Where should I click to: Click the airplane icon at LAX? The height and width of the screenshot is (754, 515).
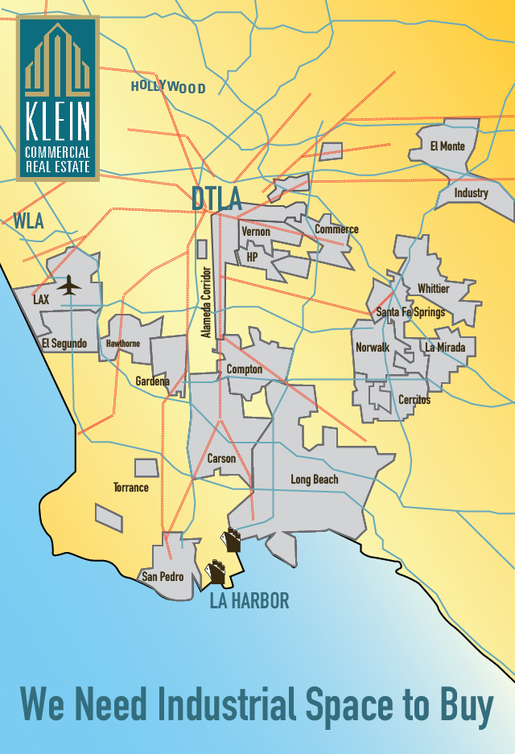click(70, 285)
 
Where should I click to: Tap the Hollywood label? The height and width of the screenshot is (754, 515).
click(168, 87)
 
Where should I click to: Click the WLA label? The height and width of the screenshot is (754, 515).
click(29, 220)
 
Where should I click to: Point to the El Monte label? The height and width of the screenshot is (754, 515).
click(447, 146)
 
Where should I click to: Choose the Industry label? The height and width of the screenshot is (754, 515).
click(471, 193)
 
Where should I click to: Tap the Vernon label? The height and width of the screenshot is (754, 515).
click(256, 232)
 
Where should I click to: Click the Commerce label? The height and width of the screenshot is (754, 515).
click(336, 229)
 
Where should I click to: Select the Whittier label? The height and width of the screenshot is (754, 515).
click(434, 289)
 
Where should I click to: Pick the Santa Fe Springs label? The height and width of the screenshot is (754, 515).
click(410, 312)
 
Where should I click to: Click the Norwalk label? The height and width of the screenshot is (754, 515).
click(373, 348)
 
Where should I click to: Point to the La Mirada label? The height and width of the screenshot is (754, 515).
click(446, 348)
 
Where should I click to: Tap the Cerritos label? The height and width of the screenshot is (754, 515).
click(414, 400)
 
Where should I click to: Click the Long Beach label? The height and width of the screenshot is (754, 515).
click(315, 480)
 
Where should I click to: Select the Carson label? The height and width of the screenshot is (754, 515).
click(221, 459)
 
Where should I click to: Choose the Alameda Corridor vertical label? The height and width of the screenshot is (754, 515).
click(207, 302)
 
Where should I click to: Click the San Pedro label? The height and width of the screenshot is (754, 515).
click(163, 577)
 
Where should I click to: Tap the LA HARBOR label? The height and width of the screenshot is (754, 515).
click(249, 601)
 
